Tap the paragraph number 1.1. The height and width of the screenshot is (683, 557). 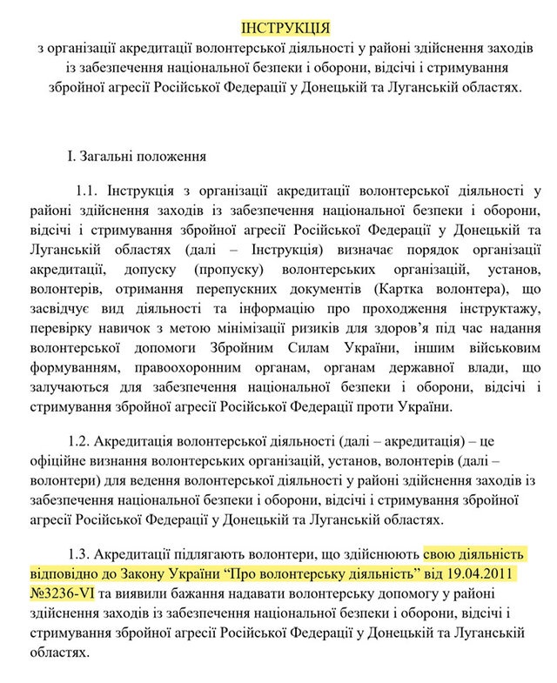point(88,191)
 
